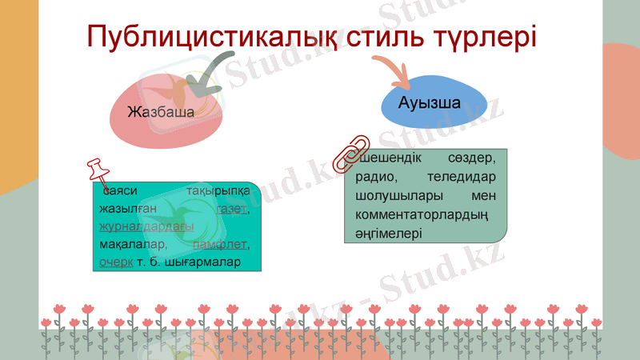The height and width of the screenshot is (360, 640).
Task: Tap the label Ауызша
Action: pyautogui.click(x=429, y=104)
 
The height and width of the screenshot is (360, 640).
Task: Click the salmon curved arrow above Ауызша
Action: pyautogui.click(x=391, y=73)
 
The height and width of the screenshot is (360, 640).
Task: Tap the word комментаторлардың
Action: pyautogui.click(x=420, y=214)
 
